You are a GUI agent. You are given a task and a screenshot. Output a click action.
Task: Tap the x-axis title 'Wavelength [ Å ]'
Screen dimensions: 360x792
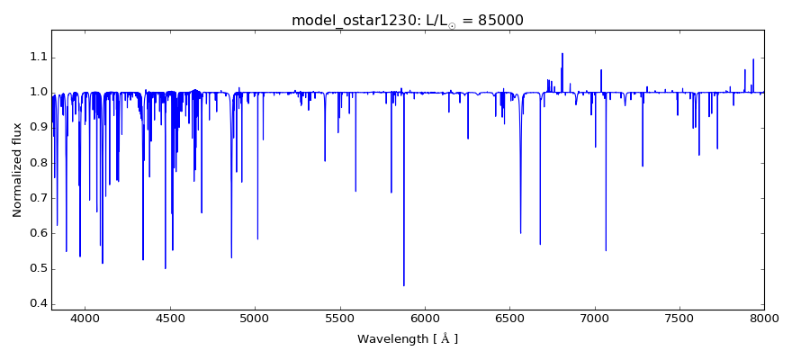coord(407,339)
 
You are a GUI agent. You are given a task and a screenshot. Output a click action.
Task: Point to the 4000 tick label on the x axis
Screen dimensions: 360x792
coord(85,319)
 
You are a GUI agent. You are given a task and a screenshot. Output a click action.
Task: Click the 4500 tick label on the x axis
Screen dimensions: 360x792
coord(170,319)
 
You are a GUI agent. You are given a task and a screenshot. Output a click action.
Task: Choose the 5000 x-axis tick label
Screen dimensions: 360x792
coord(255,319)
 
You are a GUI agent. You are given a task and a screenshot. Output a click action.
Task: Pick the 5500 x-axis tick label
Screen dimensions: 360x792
coord(340,319)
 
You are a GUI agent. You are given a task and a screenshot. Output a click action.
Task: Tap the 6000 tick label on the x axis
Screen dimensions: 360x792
coord(425,319)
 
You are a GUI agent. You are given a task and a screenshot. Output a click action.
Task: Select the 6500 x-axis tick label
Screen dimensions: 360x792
coord(509,319)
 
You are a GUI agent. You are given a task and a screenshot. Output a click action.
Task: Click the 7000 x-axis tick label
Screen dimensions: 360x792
coord(594,319)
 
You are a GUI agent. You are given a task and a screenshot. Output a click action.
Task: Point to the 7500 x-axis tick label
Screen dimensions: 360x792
coord(679,319)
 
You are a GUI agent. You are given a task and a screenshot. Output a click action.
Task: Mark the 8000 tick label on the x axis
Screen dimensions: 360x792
coord(764,319)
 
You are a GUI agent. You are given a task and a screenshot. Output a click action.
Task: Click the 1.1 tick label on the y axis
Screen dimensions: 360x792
coord(35,57)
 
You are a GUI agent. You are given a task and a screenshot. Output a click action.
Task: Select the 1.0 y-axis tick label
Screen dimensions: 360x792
coord(35,92)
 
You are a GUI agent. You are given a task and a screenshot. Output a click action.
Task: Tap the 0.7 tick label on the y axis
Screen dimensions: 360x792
coord(35,197)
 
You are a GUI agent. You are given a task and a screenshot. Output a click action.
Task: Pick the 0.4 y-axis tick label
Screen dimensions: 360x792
coord(35,303)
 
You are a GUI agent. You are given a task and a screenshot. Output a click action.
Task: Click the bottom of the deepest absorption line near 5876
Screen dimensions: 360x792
coord(404,285)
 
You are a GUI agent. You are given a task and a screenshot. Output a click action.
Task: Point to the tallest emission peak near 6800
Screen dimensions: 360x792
coord(562,54)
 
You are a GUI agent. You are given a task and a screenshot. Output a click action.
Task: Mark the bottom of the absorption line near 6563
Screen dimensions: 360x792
coord(520,233)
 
